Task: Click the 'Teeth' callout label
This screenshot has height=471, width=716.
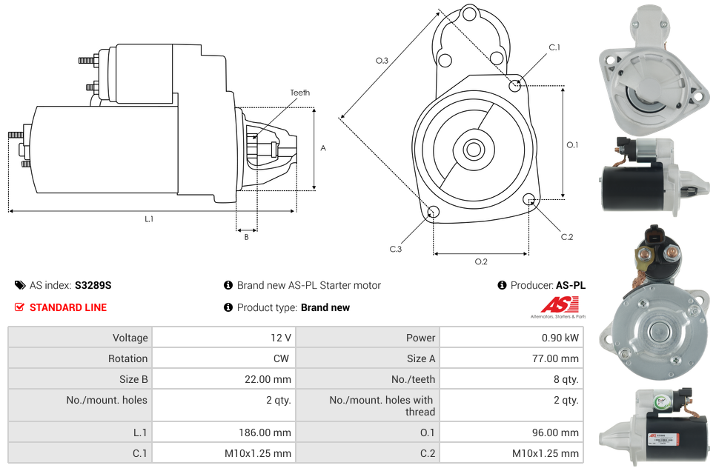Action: click(x=299, y=93)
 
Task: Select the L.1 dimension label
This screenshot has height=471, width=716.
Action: click(x=149, y=219)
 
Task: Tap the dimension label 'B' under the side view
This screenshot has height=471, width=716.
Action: click(x=246, y=237)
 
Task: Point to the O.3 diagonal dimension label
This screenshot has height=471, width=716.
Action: click(x=382, y=61)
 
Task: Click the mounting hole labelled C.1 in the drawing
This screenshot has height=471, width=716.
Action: click(x=515, y=85)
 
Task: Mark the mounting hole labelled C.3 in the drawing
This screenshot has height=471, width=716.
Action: click(x=434, y=213)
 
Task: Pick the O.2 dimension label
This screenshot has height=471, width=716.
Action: click(x=480, y=261)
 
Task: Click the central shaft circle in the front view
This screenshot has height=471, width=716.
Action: click(x=473, y=150)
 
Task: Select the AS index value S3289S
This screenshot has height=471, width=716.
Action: click(x=93, y=285)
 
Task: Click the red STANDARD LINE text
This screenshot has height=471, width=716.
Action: click(x=67, y=307)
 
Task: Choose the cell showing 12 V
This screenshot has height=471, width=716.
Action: click(x=280, y=338)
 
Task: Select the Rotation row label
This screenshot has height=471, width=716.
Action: click(x=127, y=358)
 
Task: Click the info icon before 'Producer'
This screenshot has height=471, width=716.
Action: click(x=502, y=285)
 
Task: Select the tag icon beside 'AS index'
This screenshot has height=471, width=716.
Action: click(x=19, y=285)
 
